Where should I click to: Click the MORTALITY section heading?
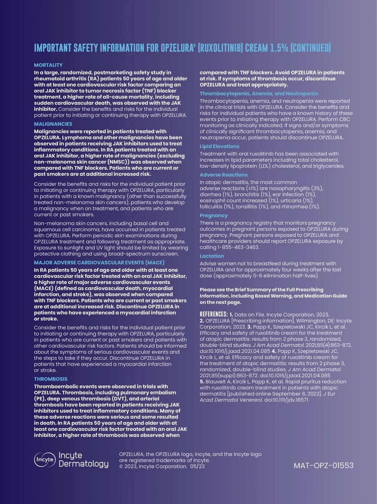coord(48,65)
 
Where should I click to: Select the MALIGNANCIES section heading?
coord(53,124)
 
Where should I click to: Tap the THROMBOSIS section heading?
coord(51,379)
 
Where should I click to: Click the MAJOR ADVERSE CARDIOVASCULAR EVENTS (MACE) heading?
coord(99,263)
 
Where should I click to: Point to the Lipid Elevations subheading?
coord(219,146)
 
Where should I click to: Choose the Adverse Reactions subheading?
coord(223,175)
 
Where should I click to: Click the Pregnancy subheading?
coord(214,216)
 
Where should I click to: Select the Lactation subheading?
coord(212,256)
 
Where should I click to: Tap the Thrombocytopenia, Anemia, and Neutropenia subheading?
coord(259,94)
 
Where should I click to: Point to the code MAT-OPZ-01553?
coord(323,465)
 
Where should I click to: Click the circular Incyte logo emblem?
coord(45,459)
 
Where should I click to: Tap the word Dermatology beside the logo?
coord(84,464)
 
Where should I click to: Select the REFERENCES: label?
coord(214,314)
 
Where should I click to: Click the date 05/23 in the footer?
coord(197,466)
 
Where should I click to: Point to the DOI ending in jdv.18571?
coord(286,400)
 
